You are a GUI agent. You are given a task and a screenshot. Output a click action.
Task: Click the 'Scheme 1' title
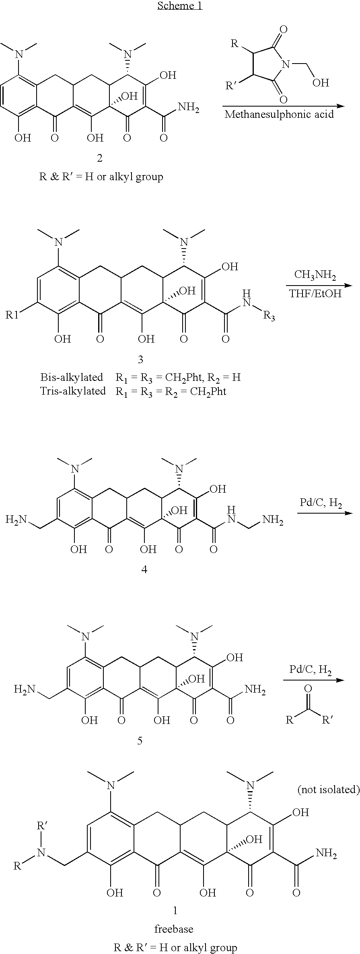tap(180, 6)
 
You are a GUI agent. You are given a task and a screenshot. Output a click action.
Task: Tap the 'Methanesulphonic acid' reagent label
tap(279, 114)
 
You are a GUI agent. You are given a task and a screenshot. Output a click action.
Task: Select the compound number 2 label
tap(99, 158)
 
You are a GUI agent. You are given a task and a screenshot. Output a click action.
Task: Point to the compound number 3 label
tap(140, 359)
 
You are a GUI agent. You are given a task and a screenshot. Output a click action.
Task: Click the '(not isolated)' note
tap(328, 790)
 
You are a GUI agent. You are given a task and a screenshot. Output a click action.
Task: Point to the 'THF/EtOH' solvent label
tap(315, 294)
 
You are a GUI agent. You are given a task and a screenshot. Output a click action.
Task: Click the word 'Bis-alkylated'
tap(72, 377)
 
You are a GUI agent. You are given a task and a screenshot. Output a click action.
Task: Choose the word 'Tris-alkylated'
tap(73, 391)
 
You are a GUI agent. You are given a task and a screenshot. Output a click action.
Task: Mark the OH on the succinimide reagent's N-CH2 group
tap(321, 82)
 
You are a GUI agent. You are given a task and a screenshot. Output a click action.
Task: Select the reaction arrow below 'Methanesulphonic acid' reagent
tap(284, 106)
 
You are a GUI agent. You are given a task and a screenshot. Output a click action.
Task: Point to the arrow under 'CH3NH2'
tap(319, 286)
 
